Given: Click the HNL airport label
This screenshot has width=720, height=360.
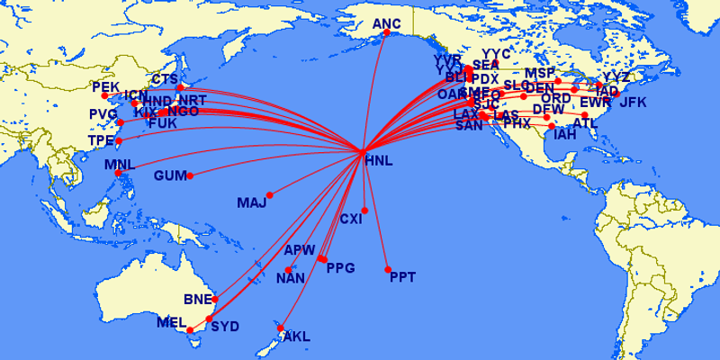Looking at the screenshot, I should point(380,161).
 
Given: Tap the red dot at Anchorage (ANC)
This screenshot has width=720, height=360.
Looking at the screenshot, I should point(386,32).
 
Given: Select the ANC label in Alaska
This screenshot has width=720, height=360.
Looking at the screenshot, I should point(386,23).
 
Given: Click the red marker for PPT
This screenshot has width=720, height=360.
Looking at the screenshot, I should point(388,270).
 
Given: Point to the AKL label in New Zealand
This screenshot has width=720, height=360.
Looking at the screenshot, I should point(296,337).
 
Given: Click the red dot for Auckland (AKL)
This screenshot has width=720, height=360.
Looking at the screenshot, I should point(281,328).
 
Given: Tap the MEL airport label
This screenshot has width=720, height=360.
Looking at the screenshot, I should point(171,322).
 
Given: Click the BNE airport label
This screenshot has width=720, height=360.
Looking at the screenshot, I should point(197,299).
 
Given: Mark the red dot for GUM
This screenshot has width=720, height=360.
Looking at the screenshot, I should point(190,175).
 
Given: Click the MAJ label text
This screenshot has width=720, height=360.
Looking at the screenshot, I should point(252,202).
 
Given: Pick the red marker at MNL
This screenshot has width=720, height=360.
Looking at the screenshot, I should point(118,173).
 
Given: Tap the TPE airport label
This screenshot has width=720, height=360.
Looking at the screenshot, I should point(102,141).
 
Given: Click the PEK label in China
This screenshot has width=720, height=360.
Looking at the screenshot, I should point(105,88).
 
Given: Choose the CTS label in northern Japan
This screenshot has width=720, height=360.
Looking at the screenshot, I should point(165,79).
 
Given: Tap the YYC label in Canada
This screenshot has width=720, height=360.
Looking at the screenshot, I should point(496,54).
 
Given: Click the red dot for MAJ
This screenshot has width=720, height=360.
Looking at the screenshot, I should point(270,193).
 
